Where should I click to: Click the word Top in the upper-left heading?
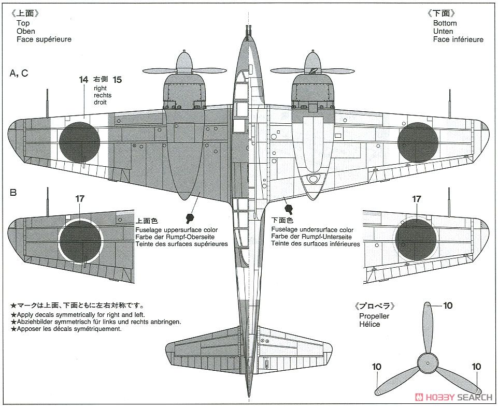point(23,23)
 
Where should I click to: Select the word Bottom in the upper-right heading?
point(445,23)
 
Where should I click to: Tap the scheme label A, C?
point(19,74)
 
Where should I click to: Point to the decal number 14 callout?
point(84,80)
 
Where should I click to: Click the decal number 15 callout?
point(117,80)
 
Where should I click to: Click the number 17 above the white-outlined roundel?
point(80,198)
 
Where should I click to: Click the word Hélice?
point(368,324)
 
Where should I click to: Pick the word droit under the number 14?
point(101,103)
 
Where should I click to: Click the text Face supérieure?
point(44,39)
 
